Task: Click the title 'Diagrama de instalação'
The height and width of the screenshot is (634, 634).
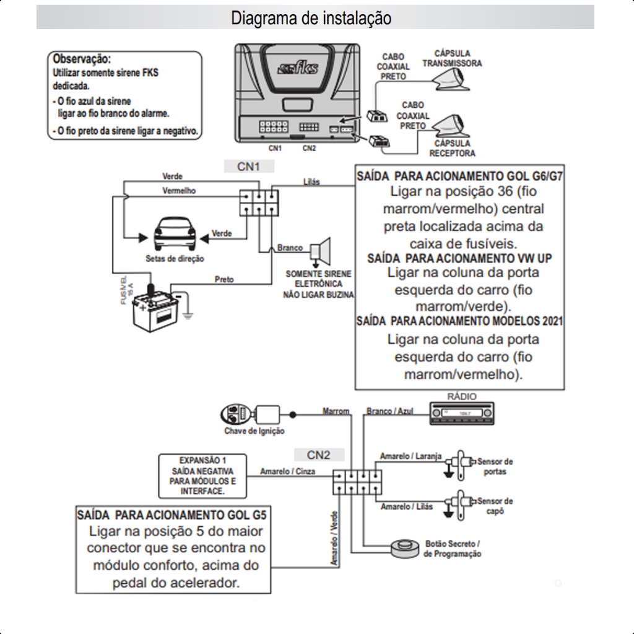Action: (311, 18)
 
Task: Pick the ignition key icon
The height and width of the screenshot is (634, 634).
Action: (236, 414)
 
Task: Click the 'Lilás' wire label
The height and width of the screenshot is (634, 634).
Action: (312, 182)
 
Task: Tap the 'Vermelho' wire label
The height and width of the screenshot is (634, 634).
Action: (179, 191)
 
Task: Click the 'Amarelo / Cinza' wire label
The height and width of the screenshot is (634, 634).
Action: (287, 471)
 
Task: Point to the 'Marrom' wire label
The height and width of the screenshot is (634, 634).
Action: (336, 411)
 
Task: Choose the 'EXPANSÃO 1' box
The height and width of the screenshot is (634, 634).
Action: (202, 475)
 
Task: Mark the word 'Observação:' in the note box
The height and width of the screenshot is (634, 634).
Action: (82, 59)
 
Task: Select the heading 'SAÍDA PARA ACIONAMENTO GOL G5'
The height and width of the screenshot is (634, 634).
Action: (173, 515)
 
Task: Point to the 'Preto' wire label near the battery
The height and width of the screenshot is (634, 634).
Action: (224, 280)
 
